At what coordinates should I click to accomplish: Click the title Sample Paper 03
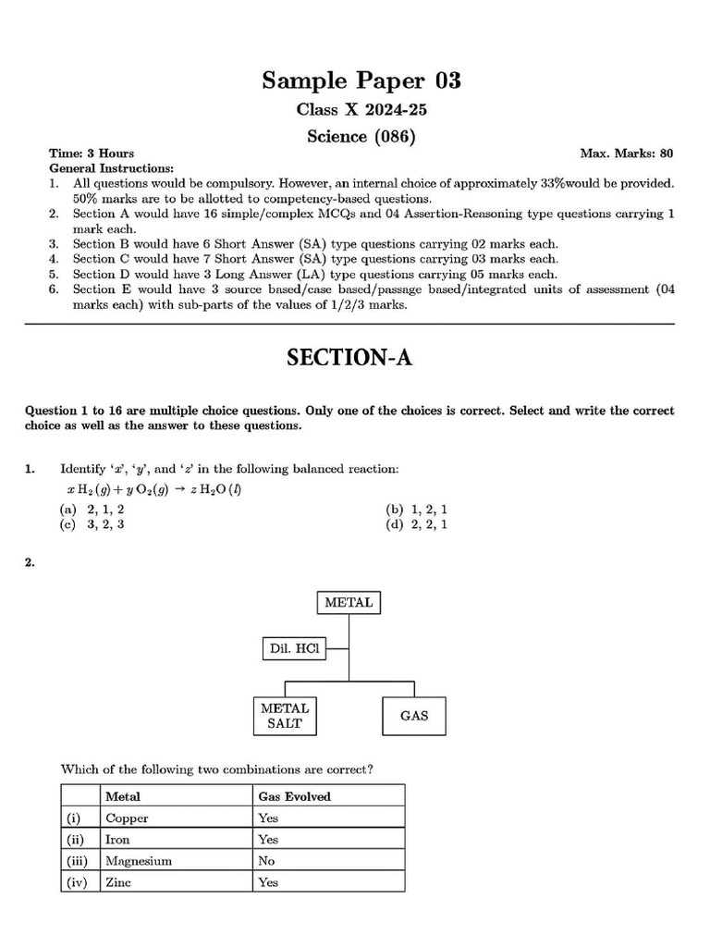(361, 80)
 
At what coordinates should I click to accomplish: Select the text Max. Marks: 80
(626, 154)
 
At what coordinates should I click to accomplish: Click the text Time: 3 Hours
(92, 154)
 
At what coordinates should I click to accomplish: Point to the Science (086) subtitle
(361, 137)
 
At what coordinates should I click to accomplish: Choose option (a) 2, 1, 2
(92, 510)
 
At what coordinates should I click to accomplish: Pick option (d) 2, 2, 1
(417, 524)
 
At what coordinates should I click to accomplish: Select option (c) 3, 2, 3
(92, 524)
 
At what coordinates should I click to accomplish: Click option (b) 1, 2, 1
(417, 510)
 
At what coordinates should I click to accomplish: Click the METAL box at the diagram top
(349, 603)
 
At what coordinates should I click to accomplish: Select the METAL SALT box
(285, 716)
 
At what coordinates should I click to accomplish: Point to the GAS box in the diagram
(414, 716)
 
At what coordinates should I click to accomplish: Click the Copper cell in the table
(128, 818)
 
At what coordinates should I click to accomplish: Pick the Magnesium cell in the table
(139, 861)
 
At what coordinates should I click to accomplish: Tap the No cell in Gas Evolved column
(267, 861)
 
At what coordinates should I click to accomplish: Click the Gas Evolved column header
(294, 796)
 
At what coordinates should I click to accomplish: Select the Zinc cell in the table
(120, 882)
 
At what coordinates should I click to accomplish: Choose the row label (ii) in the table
(78, 840)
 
